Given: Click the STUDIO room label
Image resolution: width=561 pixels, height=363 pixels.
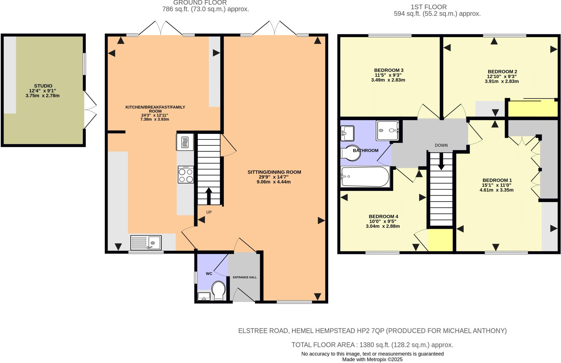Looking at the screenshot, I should click(x=43, y=86).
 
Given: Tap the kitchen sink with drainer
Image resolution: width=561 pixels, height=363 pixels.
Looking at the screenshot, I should click(x=146, y=243).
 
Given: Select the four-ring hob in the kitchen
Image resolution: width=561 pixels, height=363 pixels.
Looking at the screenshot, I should click(x=186, y=175).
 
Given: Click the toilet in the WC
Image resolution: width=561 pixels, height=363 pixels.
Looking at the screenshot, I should click(x=218, y=290).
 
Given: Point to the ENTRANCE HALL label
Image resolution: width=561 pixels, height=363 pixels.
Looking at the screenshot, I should click(x=245, y=277).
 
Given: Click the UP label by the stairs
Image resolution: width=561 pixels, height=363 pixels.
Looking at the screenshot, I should click(x=209, y=212).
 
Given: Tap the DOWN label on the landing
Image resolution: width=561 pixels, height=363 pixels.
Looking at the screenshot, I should click(x=441, y=145).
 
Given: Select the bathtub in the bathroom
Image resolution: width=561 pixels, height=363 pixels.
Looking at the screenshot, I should click(x=365, y=177).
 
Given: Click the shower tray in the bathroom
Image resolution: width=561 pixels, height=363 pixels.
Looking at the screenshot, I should click(x=387, y=130).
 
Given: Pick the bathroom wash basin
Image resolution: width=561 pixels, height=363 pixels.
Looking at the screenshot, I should click(x=347, y=133).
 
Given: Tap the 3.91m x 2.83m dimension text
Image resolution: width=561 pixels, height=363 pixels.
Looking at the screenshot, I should click(x=502, y=81).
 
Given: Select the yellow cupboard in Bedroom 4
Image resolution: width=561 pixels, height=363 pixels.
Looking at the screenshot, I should click(x=440, y=240).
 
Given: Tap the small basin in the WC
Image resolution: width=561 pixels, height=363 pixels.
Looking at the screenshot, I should click(x=204, y=296).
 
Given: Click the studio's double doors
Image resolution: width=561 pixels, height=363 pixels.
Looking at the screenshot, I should click(x=90, y=110).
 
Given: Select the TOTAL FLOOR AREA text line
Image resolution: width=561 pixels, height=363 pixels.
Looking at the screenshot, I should click(x=372, y=345).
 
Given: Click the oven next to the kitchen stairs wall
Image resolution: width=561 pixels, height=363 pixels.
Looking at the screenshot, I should click(x=185, y=142).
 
